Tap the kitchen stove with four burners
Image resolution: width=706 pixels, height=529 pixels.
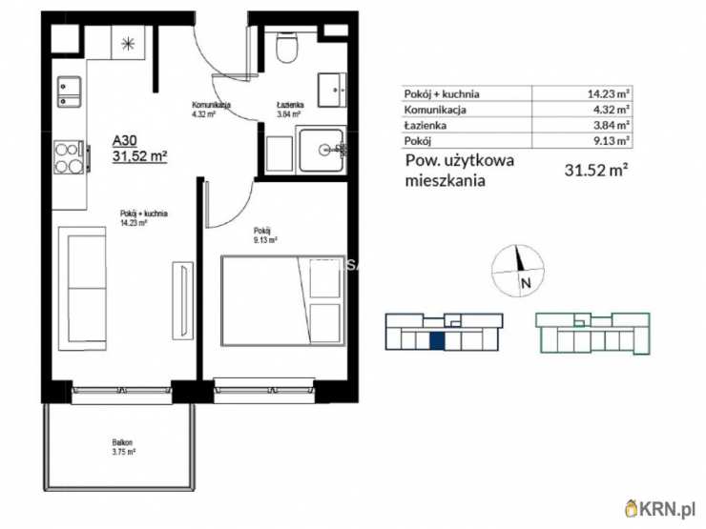pos(70,156)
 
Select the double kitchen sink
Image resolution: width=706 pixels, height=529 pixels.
pos(69,92)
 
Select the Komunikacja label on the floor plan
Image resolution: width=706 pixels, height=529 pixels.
pos(209,105)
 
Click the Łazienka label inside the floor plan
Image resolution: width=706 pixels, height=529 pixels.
pos(289,106)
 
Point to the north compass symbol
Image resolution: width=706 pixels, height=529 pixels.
pos(519,269)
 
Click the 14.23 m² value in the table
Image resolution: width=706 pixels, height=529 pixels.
pos(608,93)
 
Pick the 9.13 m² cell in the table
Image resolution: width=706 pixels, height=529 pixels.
pos(608,140)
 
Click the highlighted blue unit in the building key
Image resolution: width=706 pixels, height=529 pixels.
pos(436,341)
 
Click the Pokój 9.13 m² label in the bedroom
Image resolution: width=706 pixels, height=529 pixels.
pos(264,234)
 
